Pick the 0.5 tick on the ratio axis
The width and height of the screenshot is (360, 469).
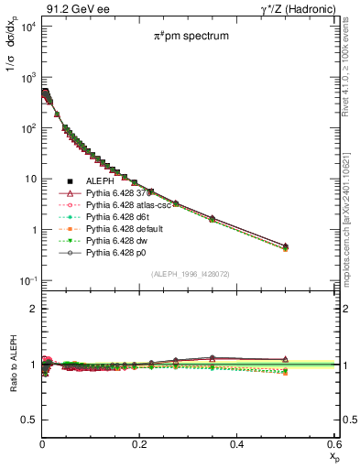[x=29, y=420]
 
